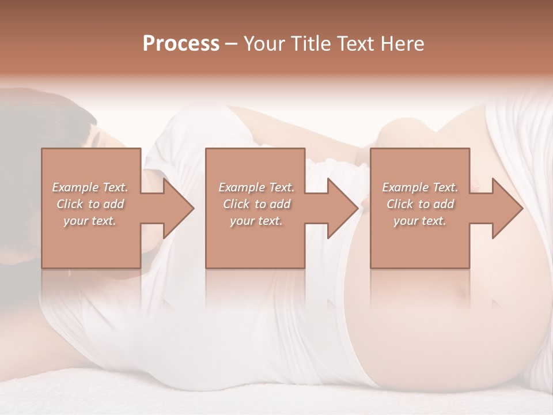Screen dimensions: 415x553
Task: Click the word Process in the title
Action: tap(181, 44)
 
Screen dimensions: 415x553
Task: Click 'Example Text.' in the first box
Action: tap(90, 187)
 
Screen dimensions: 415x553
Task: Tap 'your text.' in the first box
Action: tap(90, 221)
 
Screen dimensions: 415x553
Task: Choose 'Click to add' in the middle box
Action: tap(256, 204)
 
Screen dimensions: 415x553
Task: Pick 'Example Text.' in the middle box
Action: tap(256, 187)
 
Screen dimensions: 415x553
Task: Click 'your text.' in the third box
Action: tap(420, 221)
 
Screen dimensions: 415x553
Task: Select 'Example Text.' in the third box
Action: tap(420, 187)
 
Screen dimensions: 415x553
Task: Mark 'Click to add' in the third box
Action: tap(420, 204)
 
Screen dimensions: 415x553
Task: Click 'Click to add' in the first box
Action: tap(90, 204)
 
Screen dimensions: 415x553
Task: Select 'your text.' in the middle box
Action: tap(256, 221)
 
